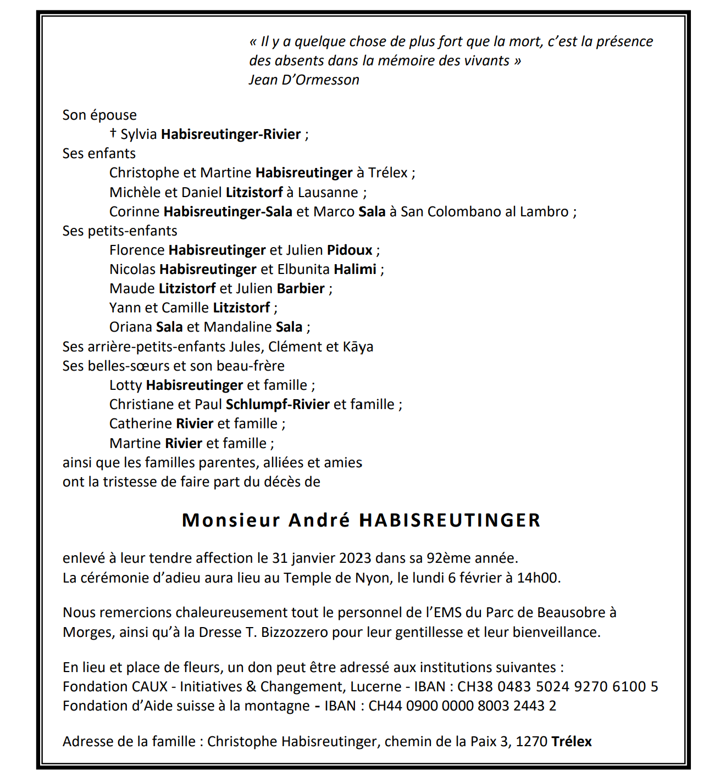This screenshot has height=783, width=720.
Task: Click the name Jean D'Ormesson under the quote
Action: point(304,80)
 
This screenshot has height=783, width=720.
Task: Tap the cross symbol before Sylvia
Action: point(113,133)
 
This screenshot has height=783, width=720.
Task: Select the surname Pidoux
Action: point(350,250)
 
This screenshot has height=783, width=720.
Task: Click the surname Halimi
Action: point(356,270)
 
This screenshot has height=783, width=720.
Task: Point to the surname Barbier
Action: point(301,289)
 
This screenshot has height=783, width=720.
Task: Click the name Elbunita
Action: point(303,270)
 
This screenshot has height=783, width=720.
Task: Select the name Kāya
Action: point(358,347)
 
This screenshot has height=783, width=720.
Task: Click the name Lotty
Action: point(126,385)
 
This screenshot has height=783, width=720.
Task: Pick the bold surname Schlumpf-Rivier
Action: point(278,405)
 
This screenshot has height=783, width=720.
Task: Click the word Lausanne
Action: point(328,193)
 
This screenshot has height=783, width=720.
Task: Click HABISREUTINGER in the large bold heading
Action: point(450,520)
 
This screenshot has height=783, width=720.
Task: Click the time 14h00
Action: point(538,578)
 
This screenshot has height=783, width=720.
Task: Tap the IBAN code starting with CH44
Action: point(462,706)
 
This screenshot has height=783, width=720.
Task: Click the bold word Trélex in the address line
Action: point(572,742)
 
